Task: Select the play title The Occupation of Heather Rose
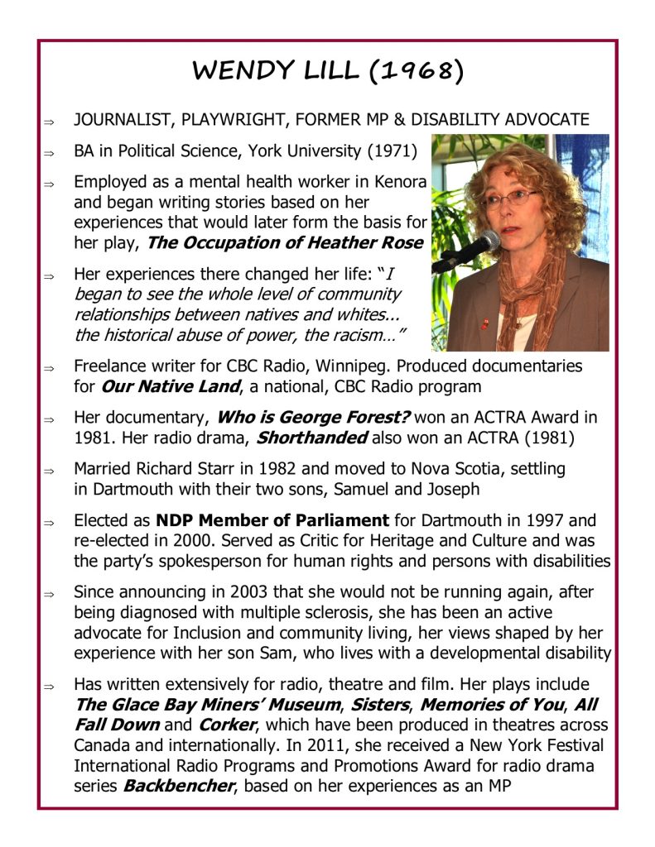[285, 242]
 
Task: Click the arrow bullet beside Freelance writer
[50, 366]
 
